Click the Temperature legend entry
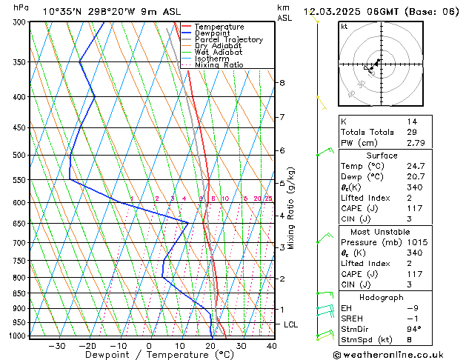219,27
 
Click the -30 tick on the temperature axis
57,345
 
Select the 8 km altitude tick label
282,83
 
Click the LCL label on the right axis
291,324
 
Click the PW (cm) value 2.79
415,143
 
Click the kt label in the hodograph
344,27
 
